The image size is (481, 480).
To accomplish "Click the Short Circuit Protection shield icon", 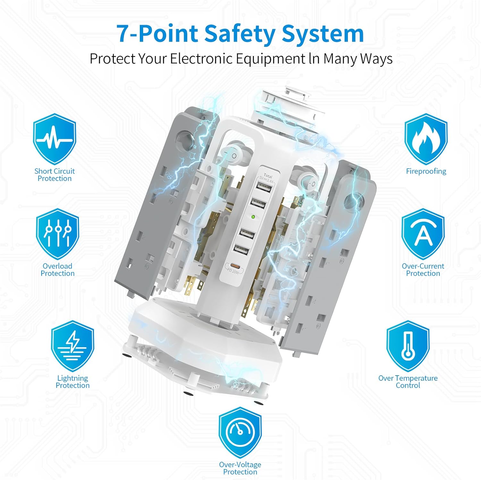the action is (x=55, y=139).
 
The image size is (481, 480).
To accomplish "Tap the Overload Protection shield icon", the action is (x=57, y=234).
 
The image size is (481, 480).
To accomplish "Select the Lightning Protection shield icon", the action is (x=72, y=346).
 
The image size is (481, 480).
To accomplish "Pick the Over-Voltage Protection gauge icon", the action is (x=240, y=433).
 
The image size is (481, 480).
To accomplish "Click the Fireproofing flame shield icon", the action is (x=426, y=139).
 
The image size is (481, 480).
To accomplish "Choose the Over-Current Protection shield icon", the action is (x=423, y=234).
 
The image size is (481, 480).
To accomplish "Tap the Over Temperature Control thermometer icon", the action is (x=408, y=346).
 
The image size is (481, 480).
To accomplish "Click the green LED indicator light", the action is (x=253, y=217).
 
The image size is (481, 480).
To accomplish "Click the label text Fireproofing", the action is (x=426, y=171).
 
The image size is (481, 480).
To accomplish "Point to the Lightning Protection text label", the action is (x=72, y=382).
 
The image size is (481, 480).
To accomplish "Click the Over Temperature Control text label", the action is (x=408, y=382).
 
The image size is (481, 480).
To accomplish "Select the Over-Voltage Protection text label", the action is (x=240, y=468).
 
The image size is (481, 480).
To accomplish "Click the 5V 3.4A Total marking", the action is (x=267, y=179).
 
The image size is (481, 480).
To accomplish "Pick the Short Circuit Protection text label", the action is (x=55, y=175).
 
